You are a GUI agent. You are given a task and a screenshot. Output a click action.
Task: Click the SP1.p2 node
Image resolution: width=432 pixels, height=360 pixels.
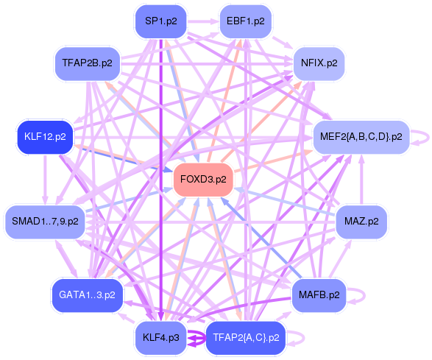click(x=160, y=21)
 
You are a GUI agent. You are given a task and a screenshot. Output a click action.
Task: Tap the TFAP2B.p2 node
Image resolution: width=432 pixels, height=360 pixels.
click(x=88, y=63)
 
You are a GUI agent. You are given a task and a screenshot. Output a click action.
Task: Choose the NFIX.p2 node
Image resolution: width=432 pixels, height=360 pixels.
click(x=319, y=63)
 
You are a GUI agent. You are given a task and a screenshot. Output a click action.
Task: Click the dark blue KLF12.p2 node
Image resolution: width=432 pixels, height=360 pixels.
click(x=45, y=136)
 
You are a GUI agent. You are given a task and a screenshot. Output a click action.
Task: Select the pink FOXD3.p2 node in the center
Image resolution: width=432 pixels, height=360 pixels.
click(x=203, y=179)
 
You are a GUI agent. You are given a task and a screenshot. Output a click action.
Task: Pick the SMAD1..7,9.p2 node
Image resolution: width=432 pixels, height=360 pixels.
click(x=46, y=220)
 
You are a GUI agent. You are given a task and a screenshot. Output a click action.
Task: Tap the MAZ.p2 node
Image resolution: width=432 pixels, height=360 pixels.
click(x=361, y=220)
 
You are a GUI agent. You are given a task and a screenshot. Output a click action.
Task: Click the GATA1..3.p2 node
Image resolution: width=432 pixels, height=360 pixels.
click(x=87, y=295)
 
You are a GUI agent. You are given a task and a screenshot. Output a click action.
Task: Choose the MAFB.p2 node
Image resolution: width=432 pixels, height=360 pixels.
click(x=319, y=295)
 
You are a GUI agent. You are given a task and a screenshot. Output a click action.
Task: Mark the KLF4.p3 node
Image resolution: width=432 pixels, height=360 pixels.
click(x=160, y=338)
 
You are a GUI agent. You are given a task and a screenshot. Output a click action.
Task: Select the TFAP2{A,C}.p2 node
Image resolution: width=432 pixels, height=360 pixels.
click(x=246, y=338)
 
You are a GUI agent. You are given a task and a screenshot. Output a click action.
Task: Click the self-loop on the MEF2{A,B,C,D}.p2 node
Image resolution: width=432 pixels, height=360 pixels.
click(x=420, y=136)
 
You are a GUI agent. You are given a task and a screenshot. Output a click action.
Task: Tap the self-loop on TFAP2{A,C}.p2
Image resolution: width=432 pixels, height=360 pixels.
click(x=297, y=339)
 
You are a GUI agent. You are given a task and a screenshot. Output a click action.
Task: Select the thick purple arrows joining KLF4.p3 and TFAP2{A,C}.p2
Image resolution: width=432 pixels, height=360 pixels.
click(x=195, y=339)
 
